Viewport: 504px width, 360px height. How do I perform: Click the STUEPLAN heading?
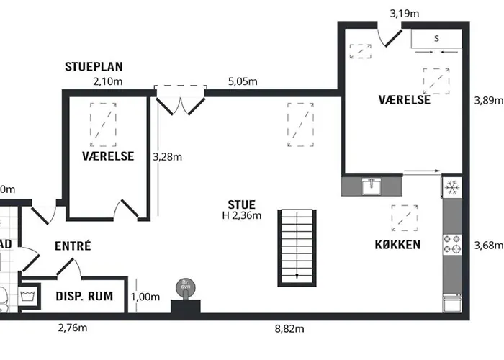pos(94,67)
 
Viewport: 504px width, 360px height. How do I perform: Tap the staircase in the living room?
pos(297,248)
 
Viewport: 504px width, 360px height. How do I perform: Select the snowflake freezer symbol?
pos(452,188)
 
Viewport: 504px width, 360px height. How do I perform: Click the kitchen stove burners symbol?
pos(452,245)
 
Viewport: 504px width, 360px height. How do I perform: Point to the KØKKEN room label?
pos(397,245)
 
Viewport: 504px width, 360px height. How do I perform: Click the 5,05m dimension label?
pos(242,81)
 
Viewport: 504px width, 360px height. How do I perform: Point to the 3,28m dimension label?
pos(167,156)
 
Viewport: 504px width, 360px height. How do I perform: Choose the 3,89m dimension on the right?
pos(487,100)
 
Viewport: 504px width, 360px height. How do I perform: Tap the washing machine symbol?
pos(29,296)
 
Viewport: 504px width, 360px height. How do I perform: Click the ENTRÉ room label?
pos(73,246)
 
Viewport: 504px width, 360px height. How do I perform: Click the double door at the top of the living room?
pos(181,100)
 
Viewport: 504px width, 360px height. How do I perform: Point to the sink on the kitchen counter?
pos(372,186)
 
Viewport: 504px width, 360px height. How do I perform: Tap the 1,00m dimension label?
pos(145,297)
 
